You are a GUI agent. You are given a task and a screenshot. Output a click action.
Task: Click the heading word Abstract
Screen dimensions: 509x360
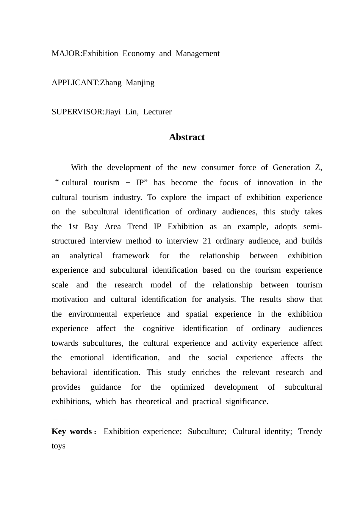point(187,137)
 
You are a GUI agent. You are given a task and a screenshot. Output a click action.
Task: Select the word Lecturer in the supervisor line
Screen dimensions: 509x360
point(157,112)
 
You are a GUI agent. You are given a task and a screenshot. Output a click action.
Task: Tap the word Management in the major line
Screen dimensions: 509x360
point(197,53)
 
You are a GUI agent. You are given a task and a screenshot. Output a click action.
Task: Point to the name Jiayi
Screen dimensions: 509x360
point(113,112)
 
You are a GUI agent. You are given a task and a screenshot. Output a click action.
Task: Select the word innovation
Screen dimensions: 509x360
point(275,183)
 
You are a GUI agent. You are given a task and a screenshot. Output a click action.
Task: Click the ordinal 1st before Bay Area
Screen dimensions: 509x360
point(73,226)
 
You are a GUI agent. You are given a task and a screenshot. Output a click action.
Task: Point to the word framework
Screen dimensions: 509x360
point(131,256)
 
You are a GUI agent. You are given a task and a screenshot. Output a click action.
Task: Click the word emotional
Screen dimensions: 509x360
point(87,358)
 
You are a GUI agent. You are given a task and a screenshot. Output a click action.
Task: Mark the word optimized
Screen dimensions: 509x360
point(187,387)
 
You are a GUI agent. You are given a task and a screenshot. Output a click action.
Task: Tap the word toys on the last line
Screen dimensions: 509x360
point(58,446)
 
